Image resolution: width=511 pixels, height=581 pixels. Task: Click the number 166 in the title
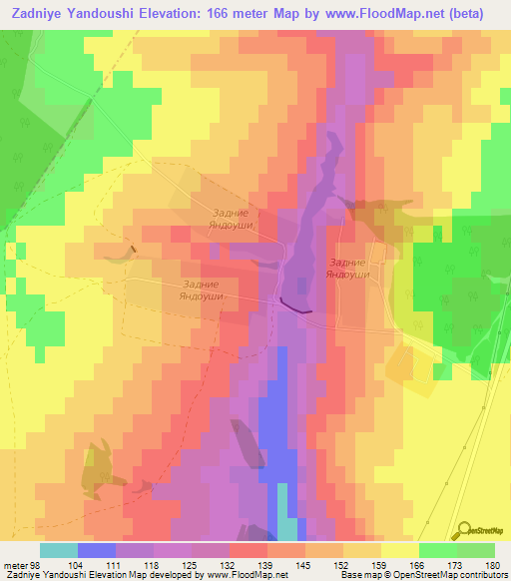click(215, 13)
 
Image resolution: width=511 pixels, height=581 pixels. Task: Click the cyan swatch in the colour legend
click(58, 550)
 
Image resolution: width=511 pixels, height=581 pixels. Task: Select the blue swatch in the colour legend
click(96, 550)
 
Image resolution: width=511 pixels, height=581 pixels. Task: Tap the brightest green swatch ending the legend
click(475, 550)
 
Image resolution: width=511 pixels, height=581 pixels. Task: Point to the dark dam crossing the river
click(296, 305)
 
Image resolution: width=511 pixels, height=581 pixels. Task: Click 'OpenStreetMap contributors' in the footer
click(455, 575)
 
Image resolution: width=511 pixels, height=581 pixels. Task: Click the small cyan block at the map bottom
click(285, 527)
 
